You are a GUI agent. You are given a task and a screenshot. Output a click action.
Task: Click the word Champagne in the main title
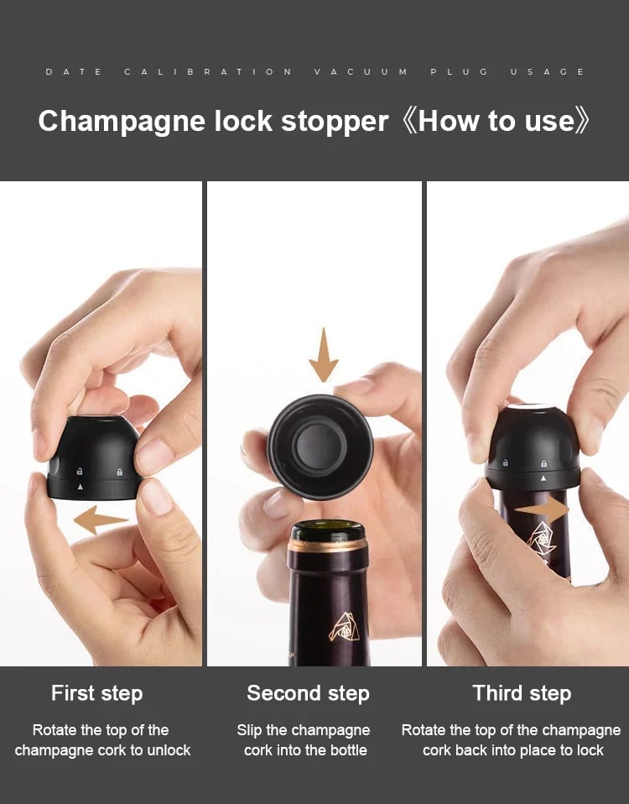(x=122, y=123)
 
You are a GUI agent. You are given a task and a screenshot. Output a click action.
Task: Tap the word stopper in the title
(x=335, y=123)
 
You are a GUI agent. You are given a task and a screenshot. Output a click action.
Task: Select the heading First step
(x=96, y=694)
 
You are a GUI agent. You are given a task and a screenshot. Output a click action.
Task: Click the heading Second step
(x=308, y=694)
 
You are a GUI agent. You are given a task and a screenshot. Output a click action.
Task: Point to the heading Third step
(x=522, y=694)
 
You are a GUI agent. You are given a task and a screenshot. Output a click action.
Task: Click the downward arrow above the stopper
(x=323, y=355)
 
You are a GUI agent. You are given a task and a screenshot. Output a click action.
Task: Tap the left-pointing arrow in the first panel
(x=101, y=520)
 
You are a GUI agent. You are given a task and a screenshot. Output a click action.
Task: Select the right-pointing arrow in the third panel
(x=542, y=509)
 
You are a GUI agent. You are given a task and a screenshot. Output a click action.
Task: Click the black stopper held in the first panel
(x=96, y=457)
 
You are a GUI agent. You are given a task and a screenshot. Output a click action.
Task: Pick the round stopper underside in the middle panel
(x=320, y=446)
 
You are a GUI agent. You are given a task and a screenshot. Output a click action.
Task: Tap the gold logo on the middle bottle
(x=344, y=627)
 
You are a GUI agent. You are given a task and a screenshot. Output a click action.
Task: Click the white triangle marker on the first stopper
(x=80, y=487)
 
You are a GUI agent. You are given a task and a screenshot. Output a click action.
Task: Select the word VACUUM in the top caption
(x=361, y=72)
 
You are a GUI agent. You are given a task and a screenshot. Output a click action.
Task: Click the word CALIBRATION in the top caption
(x=208, y=72)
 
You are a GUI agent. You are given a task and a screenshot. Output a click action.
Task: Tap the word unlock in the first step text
(x=169, y=750)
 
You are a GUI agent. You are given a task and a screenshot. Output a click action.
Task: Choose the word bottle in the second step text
(x=348, y=750)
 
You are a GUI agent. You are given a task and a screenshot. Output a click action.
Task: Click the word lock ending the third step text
(x=590, y=750)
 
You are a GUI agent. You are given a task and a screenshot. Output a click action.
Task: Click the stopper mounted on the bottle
(x=533, y=447)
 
